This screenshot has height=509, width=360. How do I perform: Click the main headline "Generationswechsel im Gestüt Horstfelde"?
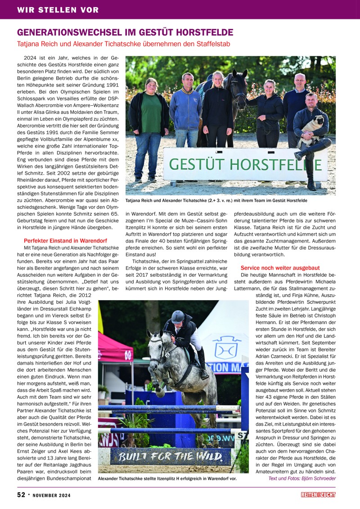(125, 32)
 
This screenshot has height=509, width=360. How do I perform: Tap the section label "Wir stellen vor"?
(58, 10)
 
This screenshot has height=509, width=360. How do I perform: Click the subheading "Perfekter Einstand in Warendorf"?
(66, 241)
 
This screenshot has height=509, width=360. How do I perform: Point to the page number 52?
(21, 495)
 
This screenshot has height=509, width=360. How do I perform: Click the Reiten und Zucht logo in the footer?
(318, 495)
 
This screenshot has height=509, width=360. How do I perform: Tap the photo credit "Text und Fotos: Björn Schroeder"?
(302, 478)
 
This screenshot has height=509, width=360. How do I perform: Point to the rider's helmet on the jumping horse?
(178, 316)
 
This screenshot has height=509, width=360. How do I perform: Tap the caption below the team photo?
(216, 200)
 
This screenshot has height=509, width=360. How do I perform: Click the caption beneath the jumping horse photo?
(167, 478)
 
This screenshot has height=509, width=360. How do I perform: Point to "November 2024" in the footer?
(51, 495)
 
